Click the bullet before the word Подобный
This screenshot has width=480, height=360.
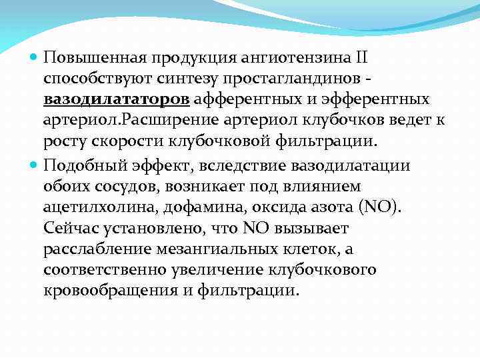(35, 165)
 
